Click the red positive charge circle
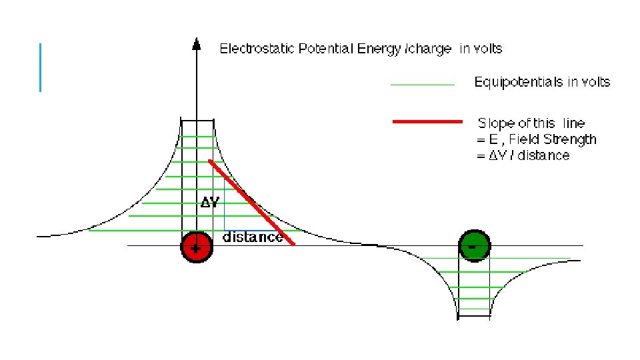click(197, 247)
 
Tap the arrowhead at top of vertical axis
click(197, 43)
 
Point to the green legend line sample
click(422, 85)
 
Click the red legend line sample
click(427, 123)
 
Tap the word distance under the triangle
click(251, 237)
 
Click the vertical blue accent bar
click(40, 67)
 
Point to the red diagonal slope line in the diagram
click(252, 203)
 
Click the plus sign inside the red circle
click(195, 249)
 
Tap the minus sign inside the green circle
click(473, 247)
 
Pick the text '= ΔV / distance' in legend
click(523, 155)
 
